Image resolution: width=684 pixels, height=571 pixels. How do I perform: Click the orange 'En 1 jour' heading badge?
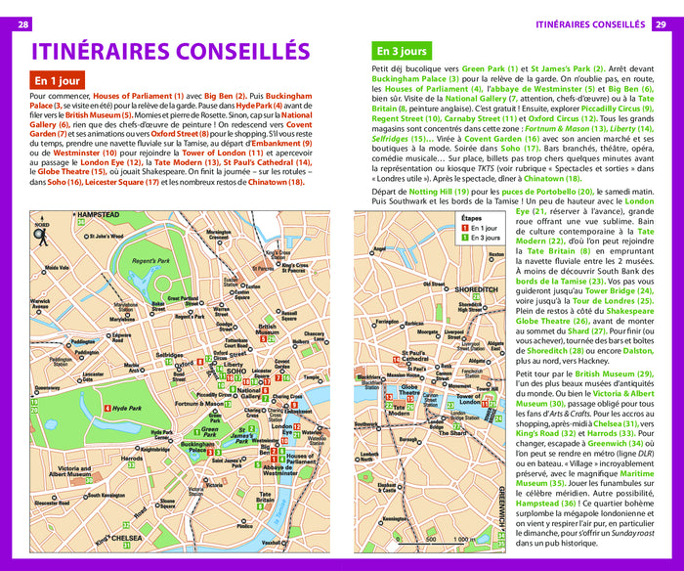click(58, 81)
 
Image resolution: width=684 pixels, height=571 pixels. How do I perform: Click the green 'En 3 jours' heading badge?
click(402, 51)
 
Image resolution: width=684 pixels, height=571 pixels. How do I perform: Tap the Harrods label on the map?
click(131, 458)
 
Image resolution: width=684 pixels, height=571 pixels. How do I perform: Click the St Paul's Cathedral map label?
click(415, 359)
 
